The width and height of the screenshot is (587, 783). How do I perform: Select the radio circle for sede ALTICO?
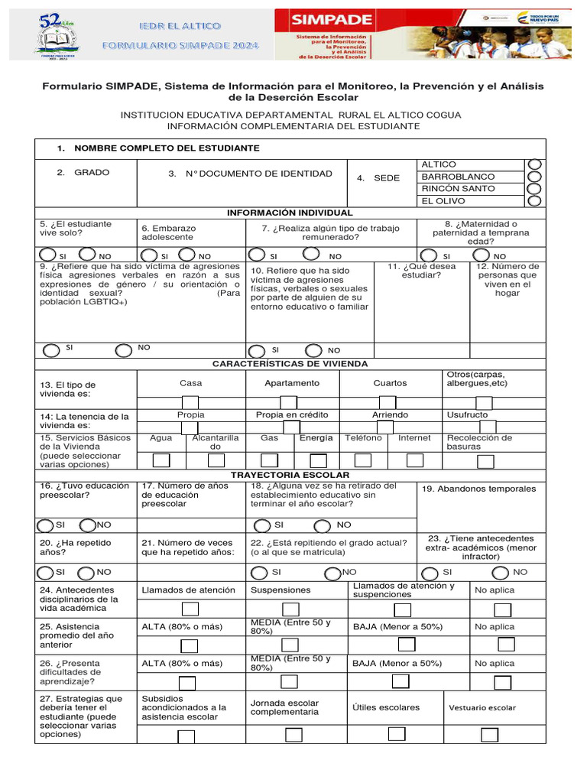click(x=535, y=164)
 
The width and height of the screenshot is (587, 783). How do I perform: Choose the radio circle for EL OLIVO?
click(x=535, y=201)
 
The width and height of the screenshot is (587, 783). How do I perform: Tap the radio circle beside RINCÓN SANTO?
click(x=535, y=189)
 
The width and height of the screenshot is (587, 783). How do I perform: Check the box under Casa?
click(x=190, y=403)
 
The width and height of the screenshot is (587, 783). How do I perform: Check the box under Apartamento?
click(x=289, y=403)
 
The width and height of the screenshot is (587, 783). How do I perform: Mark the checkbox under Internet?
click(x=415, y=460)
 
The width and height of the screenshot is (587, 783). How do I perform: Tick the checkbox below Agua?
click(x=161, y=460)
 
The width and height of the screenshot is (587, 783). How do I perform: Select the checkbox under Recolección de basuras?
click(x=485, y=461)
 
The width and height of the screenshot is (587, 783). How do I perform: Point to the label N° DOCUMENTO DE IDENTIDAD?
click(x=259, y=174)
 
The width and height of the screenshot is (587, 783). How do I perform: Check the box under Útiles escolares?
click(x=396, y=733)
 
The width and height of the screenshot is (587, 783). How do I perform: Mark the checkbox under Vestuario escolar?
click(x=490, y=734)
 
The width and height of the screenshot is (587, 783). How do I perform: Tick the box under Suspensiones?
click(x=290, y=609)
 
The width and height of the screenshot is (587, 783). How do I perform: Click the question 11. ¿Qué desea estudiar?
click(x=421, y=271)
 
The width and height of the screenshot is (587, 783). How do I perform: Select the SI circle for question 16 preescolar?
click(x=46, y=525)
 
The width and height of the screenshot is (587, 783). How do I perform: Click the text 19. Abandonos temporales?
click(x=479, y=489)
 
